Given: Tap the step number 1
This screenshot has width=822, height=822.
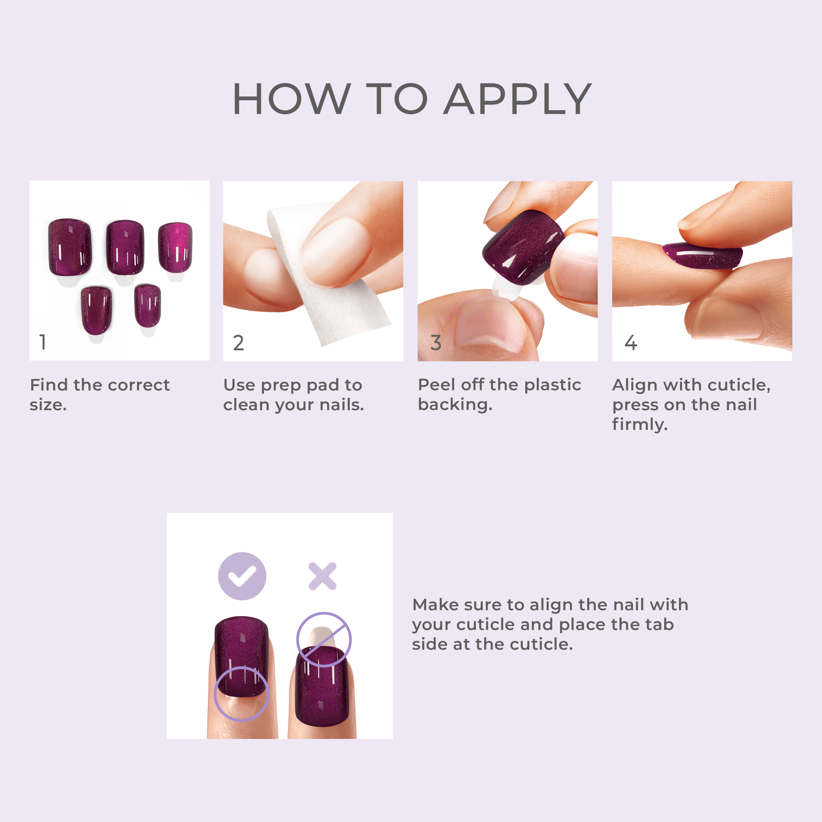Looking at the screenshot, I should (x=43, y=342).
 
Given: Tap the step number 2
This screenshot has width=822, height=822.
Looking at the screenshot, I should (x=238, y=343).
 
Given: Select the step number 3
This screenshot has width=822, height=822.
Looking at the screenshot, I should (x=436, y=343).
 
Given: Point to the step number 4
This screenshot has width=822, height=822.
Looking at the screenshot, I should (x=630, y=343).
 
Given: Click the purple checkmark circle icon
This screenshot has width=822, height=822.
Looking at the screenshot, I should (x=242, y=576).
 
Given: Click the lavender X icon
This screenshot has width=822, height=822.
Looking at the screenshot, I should (x=323, y=576).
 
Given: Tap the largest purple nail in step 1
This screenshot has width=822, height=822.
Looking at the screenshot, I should (x=70, y=247).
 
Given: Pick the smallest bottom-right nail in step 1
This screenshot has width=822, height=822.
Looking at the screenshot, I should (x=148, y=305).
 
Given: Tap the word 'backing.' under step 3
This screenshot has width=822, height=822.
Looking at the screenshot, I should (x=455, y=404).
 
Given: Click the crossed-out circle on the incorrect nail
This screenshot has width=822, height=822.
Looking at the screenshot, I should (x=324, y=640).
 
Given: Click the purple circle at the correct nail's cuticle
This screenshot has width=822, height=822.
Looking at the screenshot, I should (x=241, y=693).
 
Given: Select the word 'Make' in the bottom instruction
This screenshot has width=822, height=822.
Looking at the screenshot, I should (x=435, y=605).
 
